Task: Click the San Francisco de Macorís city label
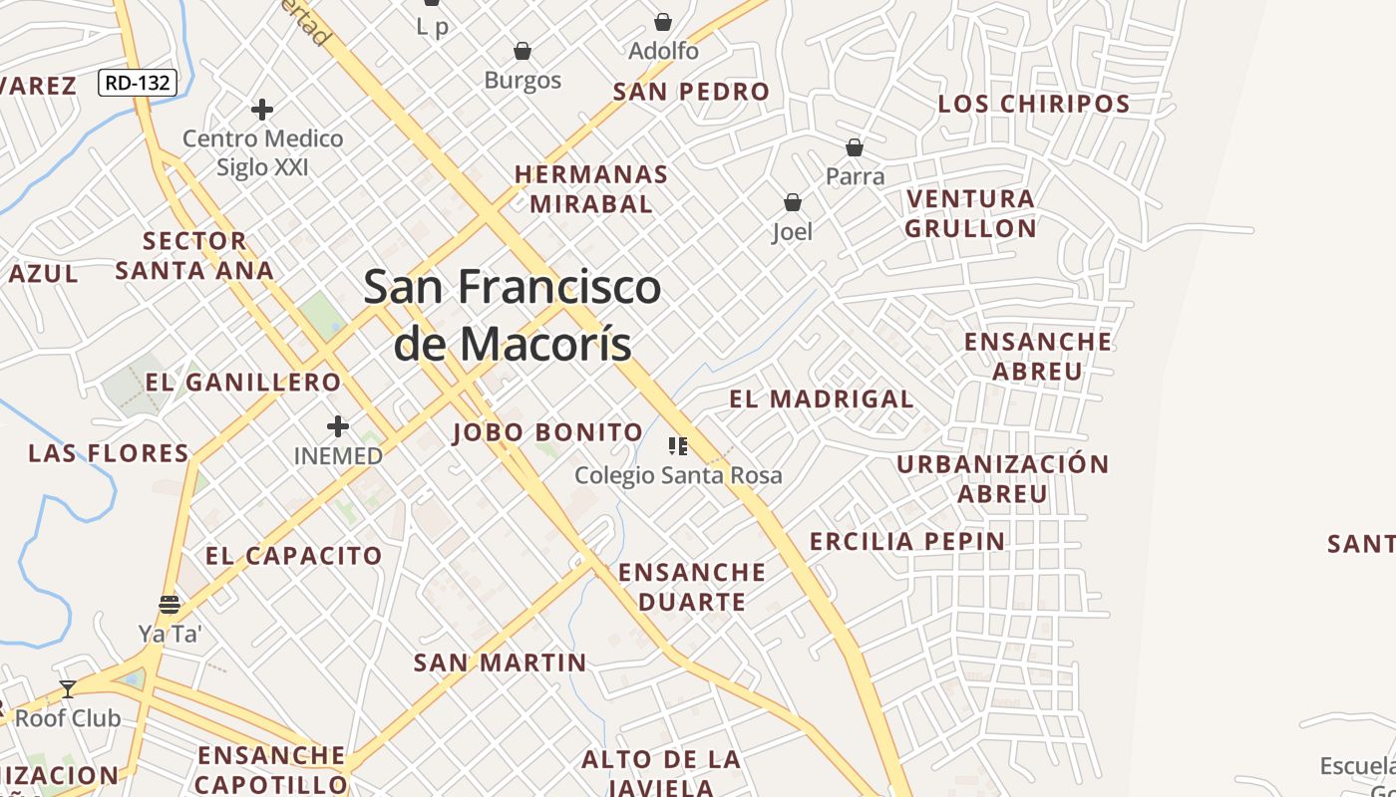click(512, 315)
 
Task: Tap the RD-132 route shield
click(138, 83)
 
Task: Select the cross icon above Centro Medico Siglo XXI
click(262, 109)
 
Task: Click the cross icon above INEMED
click(338, 426)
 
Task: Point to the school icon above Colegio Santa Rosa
click(678, 446)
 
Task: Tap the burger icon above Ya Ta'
click(170, 605)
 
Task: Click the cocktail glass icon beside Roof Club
click(68, 688)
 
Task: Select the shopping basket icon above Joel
click(793, 203)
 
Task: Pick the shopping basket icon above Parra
click(855, 148)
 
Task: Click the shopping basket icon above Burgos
click(522, 51)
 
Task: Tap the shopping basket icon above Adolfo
click(663, 22)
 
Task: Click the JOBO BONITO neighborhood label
click(547, 432)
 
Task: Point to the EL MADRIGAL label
click(821, 399)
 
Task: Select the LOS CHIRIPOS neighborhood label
click(1034, 104)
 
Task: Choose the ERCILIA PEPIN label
click(906, 542)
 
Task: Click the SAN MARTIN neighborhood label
click(500, 663)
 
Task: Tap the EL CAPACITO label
click(294, 556)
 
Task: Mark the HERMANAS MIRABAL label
click(591, 189)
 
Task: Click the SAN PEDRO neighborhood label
click(691, 92)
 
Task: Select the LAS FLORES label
click(109, 453)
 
